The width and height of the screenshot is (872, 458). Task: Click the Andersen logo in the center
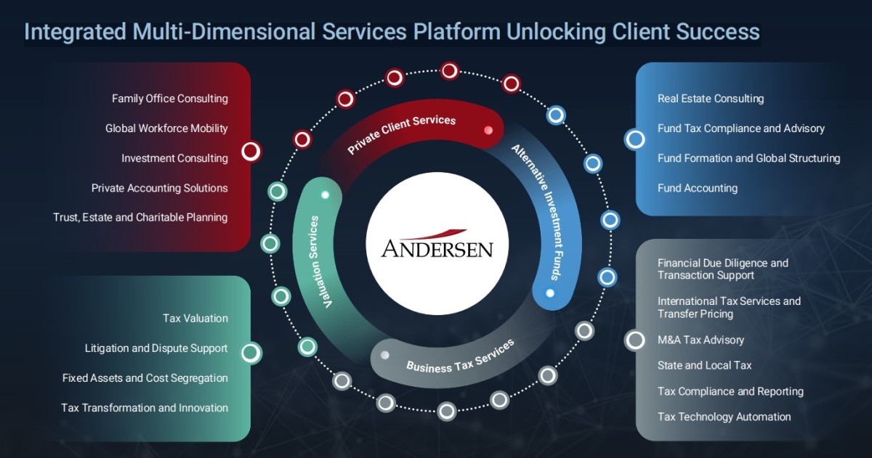437,245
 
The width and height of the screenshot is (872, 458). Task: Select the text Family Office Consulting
169,99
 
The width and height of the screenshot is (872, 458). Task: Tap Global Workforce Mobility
166,128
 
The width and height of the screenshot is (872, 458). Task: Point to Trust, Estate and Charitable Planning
140,217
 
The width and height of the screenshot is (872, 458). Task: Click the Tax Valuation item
195,318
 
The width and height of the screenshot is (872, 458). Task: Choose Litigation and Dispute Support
156,348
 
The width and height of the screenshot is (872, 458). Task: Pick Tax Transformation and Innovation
145,408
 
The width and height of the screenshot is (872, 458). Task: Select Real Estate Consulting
711,99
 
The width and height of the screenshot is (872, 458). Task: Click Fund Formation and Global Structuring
748,158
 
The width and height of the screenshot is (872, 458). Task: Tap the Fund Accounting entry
698,188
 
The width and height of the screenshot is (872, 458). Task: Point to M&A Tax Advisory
701,340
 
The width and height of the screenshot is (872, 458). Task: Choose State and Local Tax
704,365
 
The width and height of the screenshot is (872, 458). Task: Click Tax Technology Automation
724,417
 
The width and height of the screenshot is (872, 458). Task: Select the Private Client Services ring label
401,131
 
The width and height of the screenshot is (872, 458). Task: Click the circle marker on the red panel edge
251,151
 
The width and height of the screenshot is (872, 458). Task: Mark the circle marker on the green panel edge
251,353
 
